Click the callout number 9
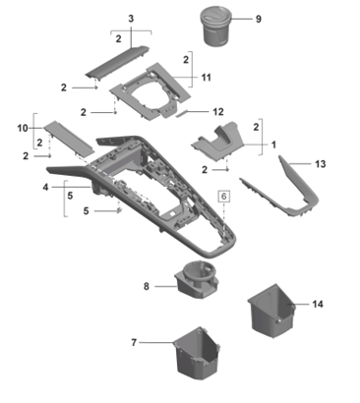click(259, 19)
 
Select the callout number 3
click(131, 19)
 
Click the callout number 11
click(206, 78)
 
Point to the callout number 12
click(218, 112)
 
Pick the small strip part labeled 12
click(184, 113)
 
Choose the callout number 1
click(273, 144)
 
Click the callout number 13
click(321, 163)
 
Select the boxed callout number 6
click(224, 197)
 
